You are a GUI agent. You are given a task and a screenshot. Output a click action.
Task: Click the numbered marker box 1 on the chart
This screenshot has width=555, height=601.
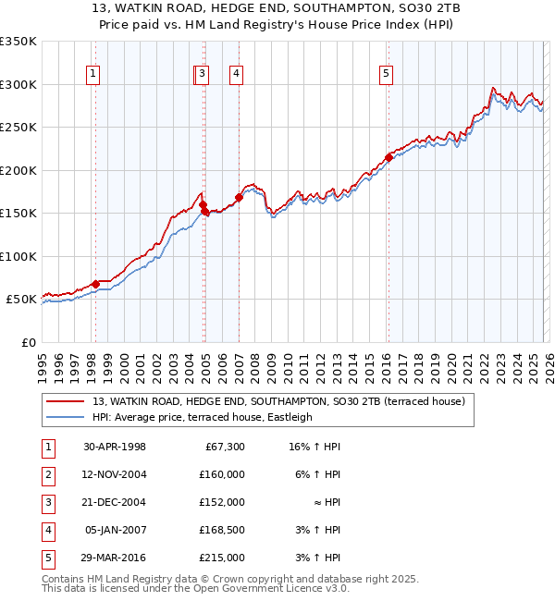(94, 75)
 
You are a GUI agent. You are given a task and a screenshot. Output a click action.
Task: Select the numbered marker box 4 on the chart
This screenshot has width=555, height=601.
(237, 75)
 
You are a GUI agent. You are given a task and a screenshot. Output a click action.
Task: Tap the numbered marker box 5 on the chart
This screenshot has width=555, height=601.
(386, 75)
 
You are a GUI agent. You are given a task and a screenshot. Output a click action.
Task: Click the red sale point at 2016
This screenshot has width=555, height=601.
(388, 157)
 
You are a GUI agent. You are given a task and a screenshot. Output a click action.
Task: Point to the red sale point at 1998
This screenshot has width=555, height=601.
(95, 284)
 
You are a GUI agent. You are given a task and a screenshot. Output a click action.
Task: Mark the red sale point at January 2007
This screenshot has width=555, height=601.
(239, 197)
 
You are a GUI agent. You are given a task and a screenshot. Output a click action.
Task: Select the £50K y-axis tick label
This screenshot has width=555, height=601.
(21, 300)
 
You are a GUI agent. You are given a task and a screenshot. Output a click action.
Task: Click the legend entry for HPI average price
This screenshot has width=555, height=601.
(203, 417)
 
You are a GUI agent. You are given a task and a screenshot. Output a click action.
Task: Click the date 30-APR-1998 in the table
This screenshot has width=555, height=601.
(115, 447)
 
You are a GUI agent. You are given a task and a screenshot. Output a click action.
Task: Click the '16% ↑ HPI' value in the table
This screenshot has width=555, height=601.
(314, 447)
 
